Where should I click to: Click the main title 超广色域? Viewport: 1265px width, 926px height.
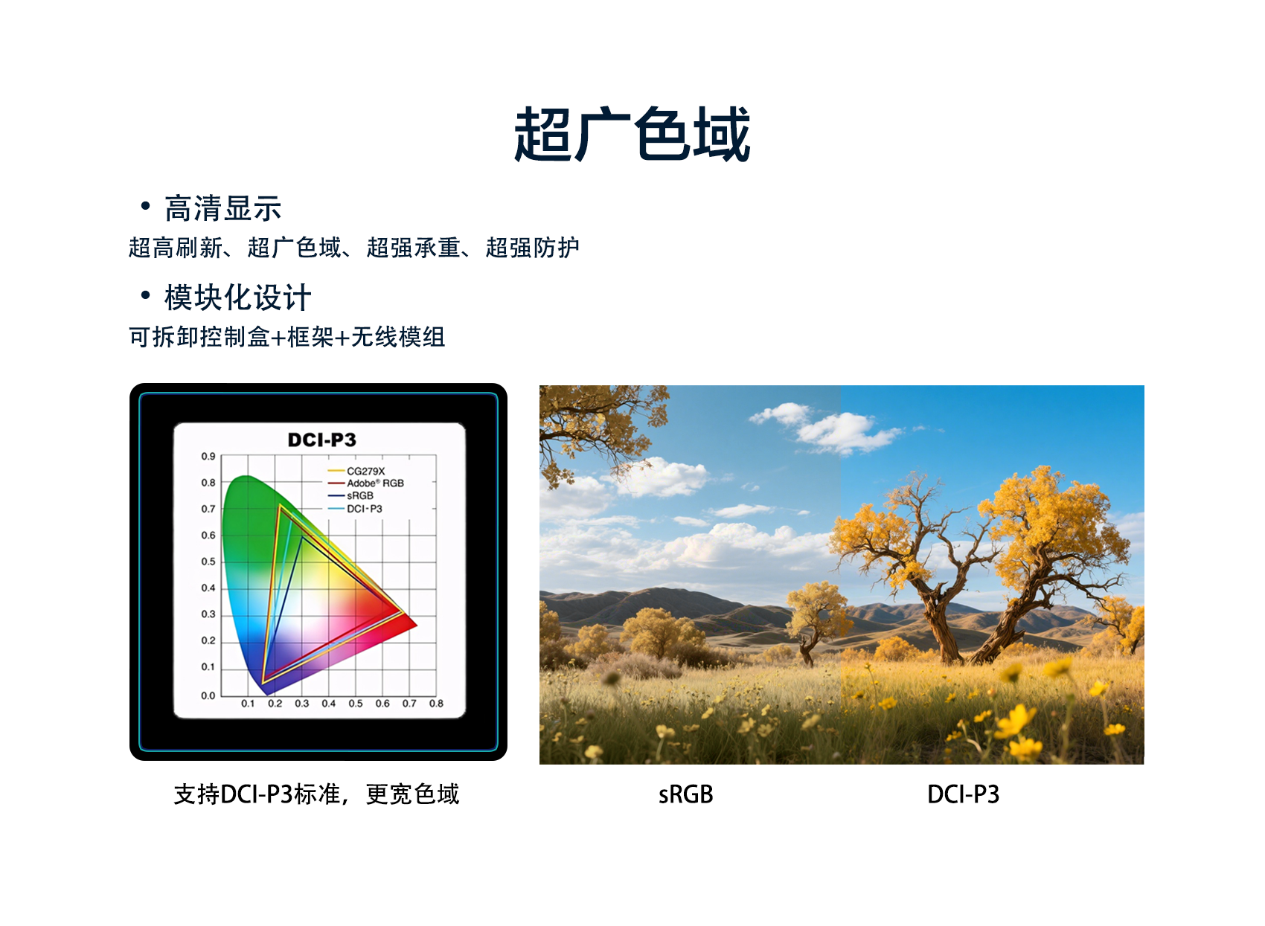(x=632, y=134)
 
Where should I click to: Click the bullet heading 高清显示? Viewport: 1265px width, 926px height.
(x=223, y=208)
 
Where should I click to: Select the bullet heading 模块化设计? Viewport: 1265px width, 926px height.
(x=238, y=298)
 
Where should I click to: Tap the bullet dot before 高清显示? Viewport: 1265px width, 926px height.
(x=145, y=205)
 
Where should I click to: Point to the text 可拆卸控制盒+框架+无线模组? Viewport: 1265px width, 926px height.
(x=287, y=337)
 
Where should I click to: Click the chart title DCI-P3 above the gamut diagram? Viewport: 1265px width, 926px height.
(x=322, y=440)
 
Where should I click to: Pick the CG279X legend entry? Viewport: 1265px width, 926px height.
(x=356, y=471)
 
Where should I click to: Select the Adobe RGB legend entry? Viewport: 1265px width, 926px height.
(x=366, y=483)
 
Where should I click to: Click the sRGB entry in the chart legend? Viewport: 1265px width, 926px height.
(x=350, y=496)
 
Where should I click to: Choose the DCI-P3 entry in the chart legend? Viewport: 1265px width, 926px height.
(x=355, y=509)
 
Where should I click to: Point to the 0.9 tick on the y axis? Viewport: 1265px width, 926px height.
(x=208, y=456)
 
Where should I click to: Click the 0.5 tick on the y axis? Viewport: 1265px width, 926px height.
(x=208, y=562)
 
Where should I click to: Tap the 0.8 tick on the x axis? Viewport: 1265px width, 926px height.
(x=436, y=704)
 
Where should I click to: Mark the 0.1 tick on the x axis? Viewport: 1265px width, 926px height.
(x=248, y=704)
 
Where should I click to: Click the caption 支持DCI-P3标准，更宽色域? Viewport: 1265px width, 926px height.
(x=316, y=794)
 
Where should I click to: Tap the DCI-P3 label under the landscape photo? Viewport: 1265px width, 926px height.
(x=964, y=794)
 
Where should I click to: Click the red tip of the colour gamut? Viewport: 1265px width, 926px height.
(x=417, y=625)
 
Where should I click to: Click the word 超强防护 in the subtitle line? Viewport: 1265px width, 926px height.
(x=533, y=248)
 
